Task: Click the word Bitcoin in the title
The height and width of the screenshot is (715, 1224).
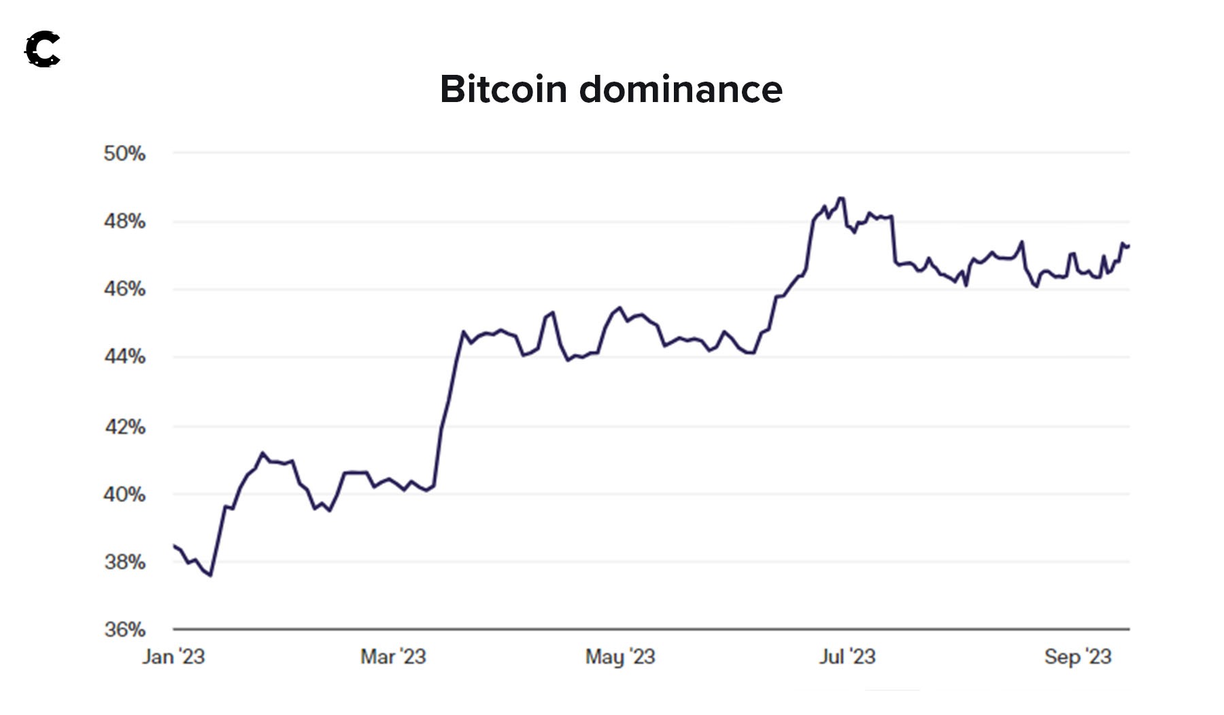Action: pos(503,89)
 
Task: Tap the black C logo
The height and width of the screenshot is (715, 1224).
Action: pos(43,50)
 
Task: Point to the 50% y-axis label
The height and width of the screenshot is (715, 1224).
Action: pos(124,154)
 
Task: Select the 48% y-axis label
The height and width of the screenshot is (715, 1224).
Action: pos(124,222)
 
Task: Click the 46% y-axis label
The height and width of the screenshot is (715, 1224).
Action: pos(124,289)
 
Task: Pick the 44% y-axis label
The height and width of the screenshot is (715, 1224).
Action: pos(124,356)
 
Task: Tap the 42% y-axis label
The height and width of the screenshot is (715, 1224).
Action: pos(124,427)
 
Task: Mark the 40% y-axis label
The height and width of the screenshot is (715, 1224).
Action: pos(124,495)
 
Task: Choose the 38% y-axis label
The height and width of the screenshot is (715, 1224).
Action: pos(124,562)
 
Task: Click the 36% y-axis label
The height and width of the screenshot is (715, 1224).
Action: pos(124,629)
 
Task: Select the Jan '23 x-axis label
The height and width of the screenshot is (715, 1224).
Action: pos(173,656)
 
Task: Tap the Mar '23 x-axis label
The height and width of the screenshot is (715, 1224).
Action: pos(393,656)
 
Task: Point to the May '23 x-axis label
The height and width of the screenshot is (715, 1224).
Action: pos(620,656)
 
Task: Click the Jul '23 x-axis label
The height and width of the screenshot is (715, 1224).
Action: pos(847,656)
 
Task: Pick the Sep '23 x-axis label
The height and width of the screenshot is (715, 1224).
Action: pos(1078,656)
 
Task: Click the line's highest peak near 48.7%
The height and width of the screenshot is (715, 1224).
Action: pos(842,198)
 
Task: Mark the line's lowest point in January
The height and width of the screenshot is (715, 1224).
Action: pos(211,576)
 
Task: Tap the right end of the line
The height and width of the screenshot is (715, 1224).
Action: pos(1129,246)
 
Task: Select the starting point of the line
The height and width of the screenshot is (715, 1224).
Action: pos(174,546)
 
